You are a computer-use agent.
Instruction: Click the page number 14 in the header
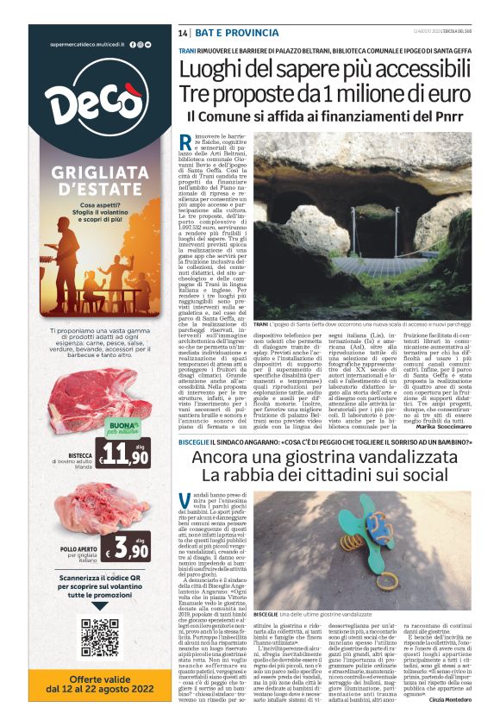coord(183,32)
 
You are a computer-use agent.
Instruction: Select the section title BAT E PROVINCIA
coord(219,32)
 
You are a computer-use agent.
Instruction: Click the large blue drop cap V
coord(186,502)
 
